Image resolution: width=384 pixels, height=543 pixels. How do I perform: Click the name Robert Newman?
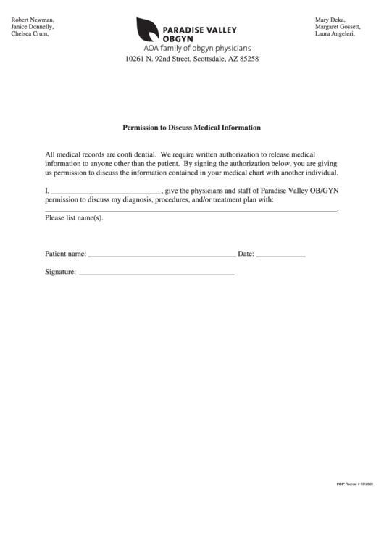(x=32, y=19)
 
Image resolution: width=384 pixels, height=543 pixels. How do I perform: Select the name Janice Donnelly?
(x=32, y=27)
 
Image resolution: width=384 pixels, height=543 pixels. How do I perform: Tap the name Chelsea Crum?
(x=30, y=35)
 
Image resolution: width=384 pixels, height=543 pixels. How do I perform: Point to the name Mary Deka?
(x=330, y=19)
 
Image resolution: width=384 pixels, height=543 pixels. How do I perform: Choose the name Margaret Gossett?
(x=337, y=27)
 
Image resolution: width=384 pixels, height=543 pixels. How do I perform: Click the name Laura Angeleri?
(x=335, y=35)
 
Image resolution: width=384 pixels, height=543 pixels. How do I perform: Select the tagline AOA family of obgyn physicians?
(x=192, y=47)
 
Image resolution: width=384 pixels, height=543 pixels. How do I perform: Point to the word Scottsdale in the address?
(x=209, y=58)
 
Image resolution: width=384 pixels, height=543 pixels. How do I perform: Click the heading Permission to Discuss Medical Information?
(x=192, y=128)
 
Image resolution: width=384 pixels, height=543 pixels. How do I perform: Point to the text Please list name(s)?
(x=74, y=217)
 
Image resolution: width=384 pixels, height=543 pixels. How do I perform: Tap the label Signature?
(x=61, y=273)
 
